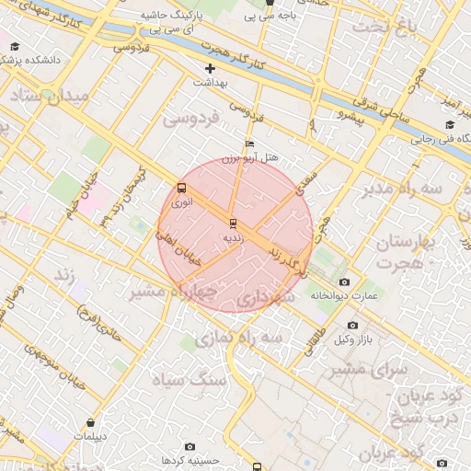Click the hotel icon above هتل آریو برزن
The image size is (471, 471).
(x=249, y=144)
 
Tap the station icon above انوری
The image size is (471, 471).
(x=180, y=189)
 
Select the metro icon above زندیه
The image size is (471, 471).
(x=232, y=223)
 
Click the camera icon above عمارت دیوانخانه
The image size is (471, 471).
(x=344, y=281)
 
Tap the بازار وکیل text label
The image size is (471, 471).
(x=353, y=340)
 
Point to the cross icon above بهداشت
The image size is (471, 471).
(x=211, y=68)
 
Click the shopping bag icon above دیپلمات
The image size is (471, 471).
(x=90, y=422)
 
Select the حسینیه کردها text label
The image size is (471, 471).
(x=189, y=459)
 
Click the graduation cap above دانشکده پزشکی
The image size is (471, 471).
(x=16, y=45)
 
